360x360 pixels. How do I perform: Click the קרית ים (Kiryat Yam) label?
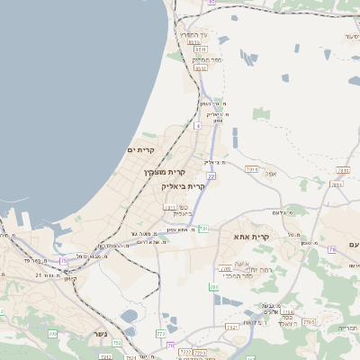pos(141,149)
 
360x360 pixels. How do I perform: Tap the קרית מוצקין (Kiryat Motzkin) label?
pos(163,171)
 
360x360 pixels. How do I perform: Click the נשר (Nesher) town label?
pos(99,334)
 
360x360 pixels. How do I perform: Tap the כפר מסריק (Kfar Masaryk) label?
pos(199,58)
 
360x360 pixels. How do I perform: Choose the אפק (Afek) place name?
pos(271,174)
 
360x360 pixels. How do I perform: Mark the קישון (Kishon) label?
pos(70,279)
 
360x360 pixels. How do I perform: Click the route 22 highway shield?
pos(211,176)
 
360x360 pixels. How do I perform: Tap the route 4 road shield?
pos(197,125)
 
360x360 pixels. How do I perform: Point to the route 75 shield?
pos(63,261)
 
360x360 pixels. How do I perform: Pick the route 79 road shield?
pos(331,248)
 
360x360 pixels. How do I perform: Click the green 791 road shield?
pos(203,229)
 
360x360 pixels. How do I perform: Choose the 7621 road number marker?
pos(232,328)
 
